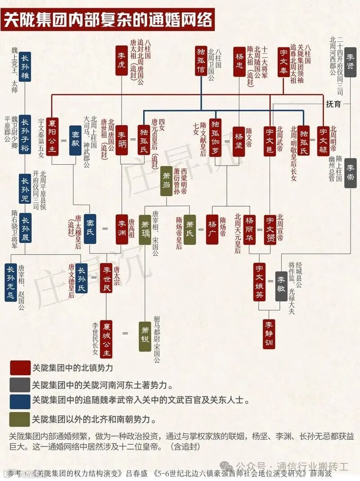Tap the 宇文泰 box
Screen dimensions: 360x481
click(x=283, y=61)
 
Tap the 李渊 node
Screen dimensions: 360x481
click(x=122, y=229)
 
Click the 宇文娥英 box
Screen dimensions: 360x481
click(x=260, y=282)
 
